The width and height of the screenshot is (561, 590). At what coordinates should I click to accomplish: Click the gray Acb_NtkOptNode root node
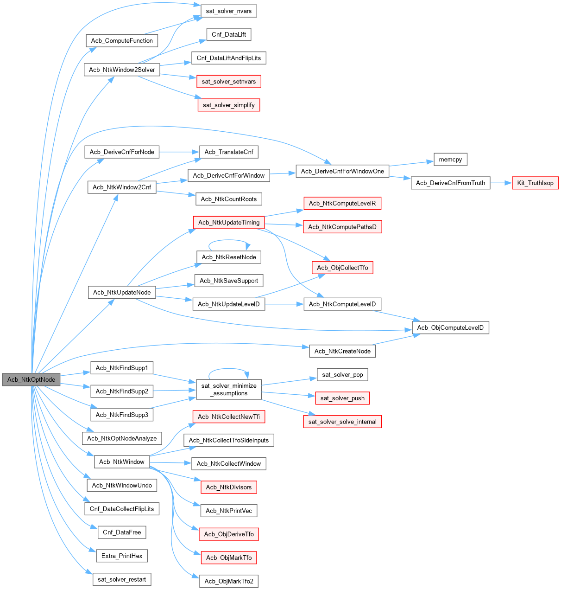[31, 379]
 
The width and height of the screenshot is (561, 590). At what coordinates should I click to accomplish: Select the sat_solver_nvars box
[228, 11]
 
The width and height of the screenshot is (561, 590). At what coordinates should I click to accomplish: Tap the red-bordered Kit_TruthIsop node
[535, 183]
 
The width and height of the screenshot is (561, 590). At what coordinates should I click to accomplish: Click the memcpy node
[450, 160]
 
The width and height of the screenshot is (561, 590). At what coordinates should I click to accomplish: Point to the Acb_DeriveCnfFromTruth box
[450, 183]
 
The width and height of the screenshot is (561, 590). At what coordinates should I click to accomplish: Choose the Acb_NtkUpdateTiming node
[229, 223]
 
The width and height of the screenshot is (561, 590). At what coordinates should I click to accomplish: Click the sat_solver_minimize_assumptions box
[229, 390]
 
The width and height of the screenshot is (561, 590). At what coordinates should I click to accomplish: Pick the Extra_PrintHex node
[122, 556]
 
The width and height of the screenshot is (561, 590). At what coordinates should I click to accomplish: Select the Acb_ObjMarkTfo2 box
[229, 581]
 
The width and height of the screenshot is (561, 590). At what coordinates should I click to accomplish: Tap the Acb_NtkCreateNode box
[342, 351]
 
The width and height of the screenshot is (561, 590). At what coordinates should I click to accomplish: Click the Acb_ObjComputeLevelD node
[450, 327]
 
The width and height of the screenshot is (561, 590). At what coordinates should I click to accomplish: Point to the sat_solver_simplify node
[229, 105]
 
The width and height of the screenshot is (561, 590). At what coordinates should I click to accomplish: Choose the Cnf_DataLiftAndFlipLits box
[229, 58]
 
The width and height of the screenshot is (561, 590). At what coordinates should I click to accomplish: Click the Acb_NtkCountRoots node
[229, 199]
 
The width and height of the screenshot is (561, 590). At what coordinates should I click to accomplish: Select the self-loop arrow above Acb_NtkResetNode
[229, 240]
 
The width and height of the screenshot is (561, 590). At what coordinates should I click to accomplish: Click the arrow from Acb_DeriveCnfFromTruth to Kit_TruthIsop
[500, 183]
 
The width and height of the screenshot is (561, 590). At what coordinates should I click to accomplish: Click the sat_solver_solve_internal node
[342, 422]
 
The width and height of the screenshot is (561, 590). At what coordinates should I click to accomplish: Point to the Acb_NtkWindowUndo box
[122, 485]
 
